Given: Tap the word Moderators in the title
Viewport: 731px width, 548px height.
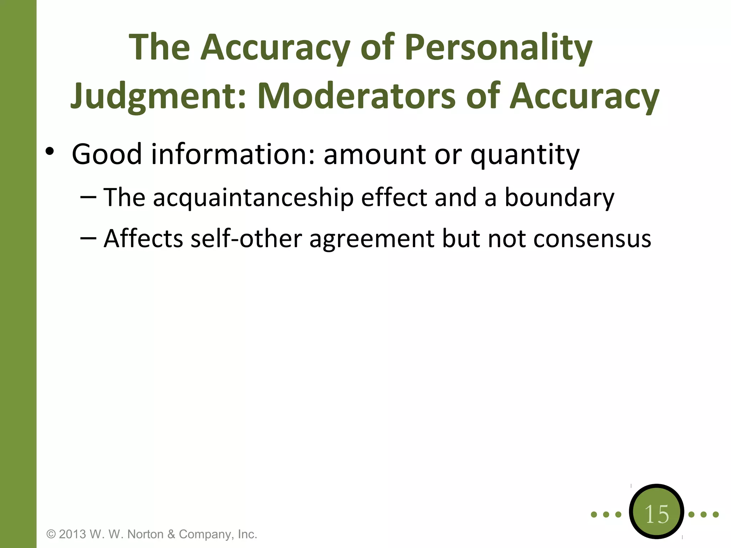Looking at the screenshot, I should (x=356, y=96).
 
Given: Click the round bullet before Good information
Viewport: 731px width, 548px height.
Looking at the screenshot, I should (x=50, y=152).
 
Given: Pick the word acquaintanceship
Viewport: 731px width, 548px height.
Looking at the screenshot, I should (x=253, y=198).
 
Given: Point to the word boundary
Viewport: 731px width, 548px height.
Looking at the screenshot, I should (x=559, y=198).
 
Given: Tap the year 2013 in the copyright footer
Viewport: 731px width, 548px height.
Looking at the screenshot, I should (x=72, y=534).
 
